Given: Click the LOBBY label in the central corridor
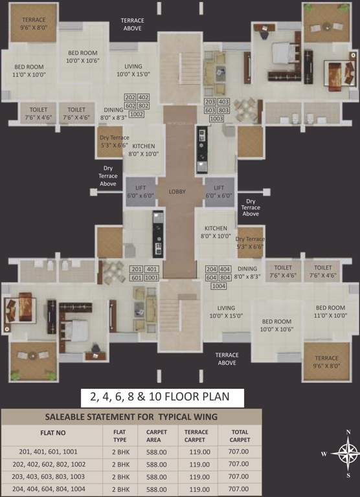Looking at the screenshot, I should tap(177, 192).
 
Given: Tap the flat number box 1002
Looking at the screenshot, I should tap(137, 114).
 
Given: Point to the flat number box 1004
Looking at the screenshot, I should tap(218, 286).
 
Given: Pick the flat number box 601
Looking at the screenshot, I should tap(137, 278).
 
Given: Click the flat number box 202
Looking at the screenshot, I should tap(130, 97).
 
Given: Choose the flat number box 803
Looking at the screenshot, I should tap(224, 110).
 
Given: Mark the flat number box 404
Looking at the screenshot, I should tap(225, 269).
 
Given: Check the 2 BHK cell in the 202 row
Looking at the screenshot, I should tap(120, 464).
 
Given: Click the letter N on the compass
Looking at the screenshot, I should tap(348, 432).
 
